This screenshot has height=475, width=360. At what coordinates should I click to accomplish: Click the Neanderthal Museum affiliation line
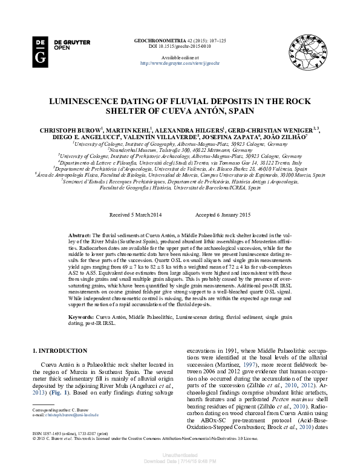coord(180,149)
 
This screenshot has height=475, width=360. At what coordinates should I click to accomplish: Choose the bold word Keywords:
coord(80,316)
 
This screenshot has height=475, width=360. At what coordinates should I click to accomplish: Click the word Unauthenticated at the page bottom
coord(180,456)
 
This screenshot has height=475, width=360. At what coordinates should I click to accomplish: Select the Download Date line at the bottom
coord(180,461)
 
